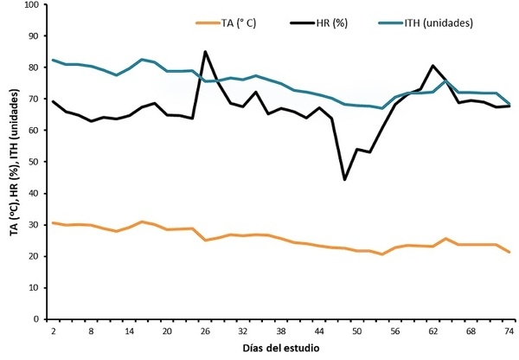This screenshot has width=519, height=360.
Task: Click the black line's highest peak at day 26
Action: tap(205, 52)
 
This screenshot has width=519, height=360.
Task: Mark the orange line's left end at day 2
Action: tap(54, 223)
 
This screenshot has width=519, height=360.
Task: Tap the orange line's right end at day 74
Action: tap(509, 252)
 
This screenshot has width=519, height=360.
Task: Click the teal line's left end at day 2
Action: tap(54, 61)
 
